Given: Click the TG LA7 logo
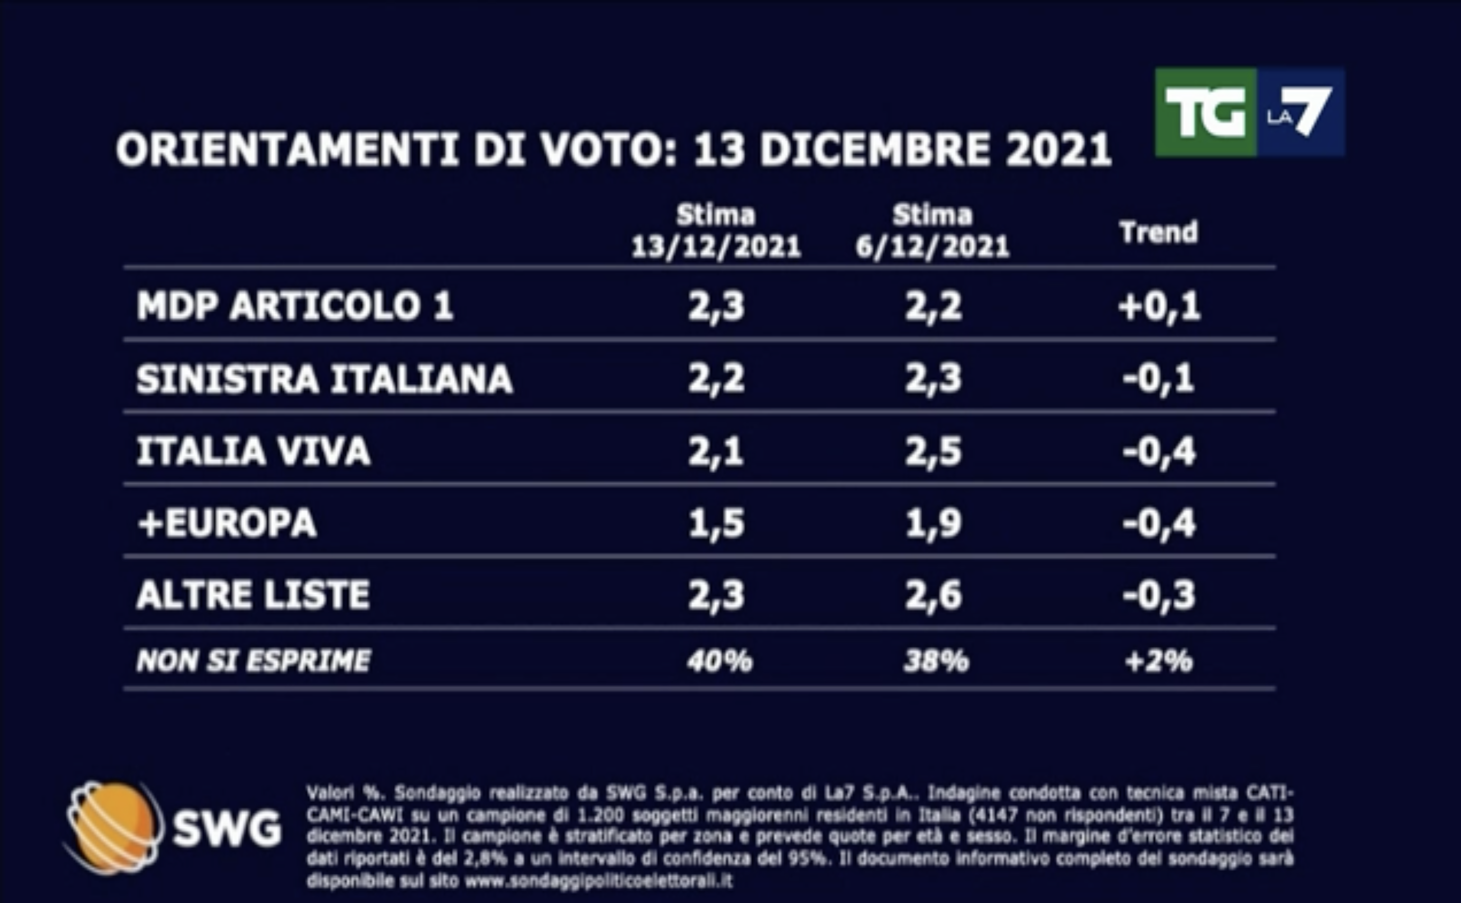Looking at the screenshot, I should click(1250, 112).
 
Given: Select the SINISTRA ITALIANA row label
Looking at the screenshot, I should click(325, 379).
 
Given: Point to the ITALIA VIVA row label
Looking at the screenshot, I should click(253, 451).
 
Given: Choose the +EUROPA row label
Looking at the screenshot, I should click(227, 523).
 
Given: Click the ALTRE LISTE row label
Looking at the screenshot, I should click(253, 595).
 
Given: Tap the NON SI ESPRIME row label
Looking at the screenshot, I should click(253, 661).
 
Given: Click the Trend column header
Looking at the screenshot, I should click(1159, 232).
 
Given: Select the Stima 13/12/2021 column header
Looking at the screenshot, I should click(716, 232).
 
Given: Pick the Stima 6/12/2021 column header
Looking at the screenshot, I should click(933, 232).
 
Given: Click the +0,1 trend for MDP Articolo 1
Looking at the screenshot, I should click(1159, 307).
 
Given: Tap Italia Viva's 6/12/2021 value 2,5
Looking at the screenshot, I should click(933, 451).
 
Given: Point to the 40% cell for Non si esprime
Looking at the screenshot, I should click(719, 661).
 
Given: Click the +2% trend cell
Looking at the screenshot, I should click(1159, 661).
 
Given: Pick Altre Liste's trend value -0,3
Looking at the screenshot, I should click(1159, 595).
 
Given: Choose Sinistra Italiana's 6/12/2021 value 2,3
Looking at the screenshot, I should click(933, 379).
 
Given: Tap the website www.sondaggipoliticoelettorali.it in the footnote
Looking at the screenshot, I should click(598, 881).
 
